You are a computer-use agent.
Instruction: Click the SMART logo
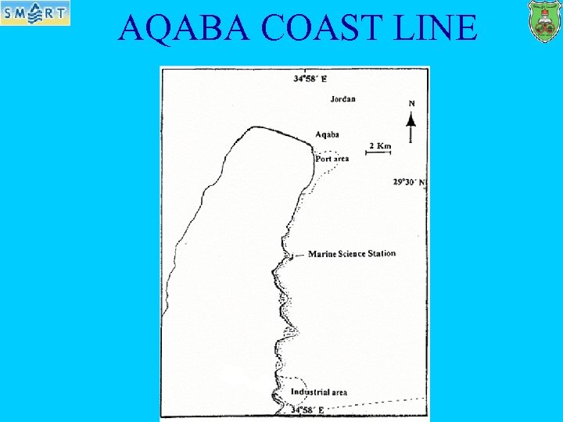click(x=35, y=13)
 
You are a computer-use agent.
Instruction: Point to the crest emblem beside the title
click(x=545, y=22)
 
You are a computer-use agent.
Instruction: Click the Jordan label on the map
click(x=342, y=99)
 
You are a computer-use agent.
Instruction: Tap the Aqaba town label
click(x=327, y=134)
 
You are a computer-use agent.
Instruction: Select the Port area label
click(x=332, y=159)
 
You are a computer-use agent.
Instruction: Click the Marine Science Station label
click(x=352, y=254)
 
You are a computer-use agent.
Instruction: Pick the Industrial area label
click(x=318, y=392)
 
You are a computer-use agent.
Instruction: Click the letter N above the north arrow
click(x=411, y=103)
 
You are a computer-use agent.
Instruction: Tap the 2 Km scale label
click(x=379, y=146)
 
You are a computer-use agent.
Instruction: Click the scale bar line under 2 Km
click(x=378, y=153)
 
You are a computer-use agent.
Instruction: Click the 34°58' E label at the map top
click(x=310, y=78)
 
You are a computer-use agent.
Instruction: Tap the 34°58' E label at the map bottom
click(x=307, y=409)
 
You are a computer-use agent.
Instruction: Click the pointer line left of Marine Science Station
click(x=297, y=255)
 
